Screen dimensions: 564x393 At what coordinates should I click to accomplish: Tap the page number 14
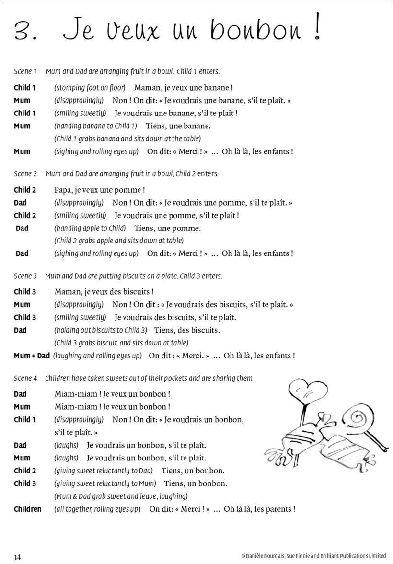click(x=17, y=556)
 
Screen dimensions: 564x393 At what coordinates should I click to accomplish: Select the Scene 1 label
click(x=25, y=72)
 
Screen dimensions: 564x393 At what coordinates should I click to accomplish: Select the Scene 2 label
click(x=25, y=174)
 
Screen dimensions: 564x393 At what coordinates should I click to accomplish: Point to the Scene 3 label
click(x=25, y=276)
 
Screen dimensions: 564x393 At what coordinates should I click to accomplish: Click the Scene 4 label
click(x=25, y=379)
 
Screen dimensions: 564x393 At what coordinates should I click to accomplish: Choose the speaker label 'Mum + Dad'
click(x=32, y=356)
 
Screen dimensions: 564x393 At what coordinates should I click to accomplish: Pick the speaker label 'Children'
click(x=27, y=509)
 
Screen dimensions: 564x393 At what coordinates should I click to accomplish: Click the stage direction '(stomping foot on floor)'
click(x=90, y=88)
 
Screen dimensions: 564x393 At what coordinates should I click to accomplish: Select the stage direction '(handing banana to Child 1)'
click(x=95, y=126)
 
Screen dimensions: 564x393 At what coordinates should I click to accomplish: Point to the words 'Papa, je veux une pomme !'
click(x=100, y=190)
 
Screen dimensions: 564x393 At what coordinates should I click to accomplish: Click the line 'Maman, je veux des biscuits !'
click(x=104, y=292)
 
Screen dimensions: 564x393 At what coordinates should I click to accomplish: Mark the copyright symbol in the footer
click(x=243, y=556)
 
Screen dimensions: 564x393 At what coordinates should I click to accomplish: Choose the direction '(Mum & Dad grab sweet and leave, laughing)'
click(x=121, y=496)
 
